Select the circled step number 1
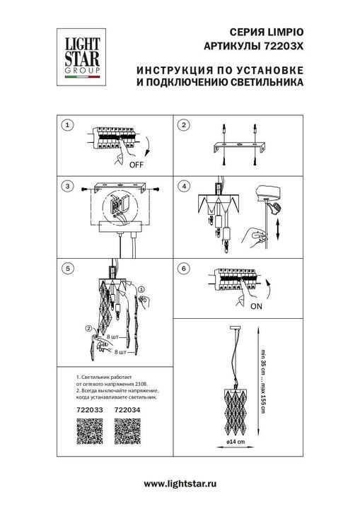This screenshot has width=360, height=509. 67,125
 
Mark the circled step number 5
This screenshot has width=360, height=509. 67,269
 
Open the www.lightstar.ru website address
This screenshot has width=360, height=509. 180,483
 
